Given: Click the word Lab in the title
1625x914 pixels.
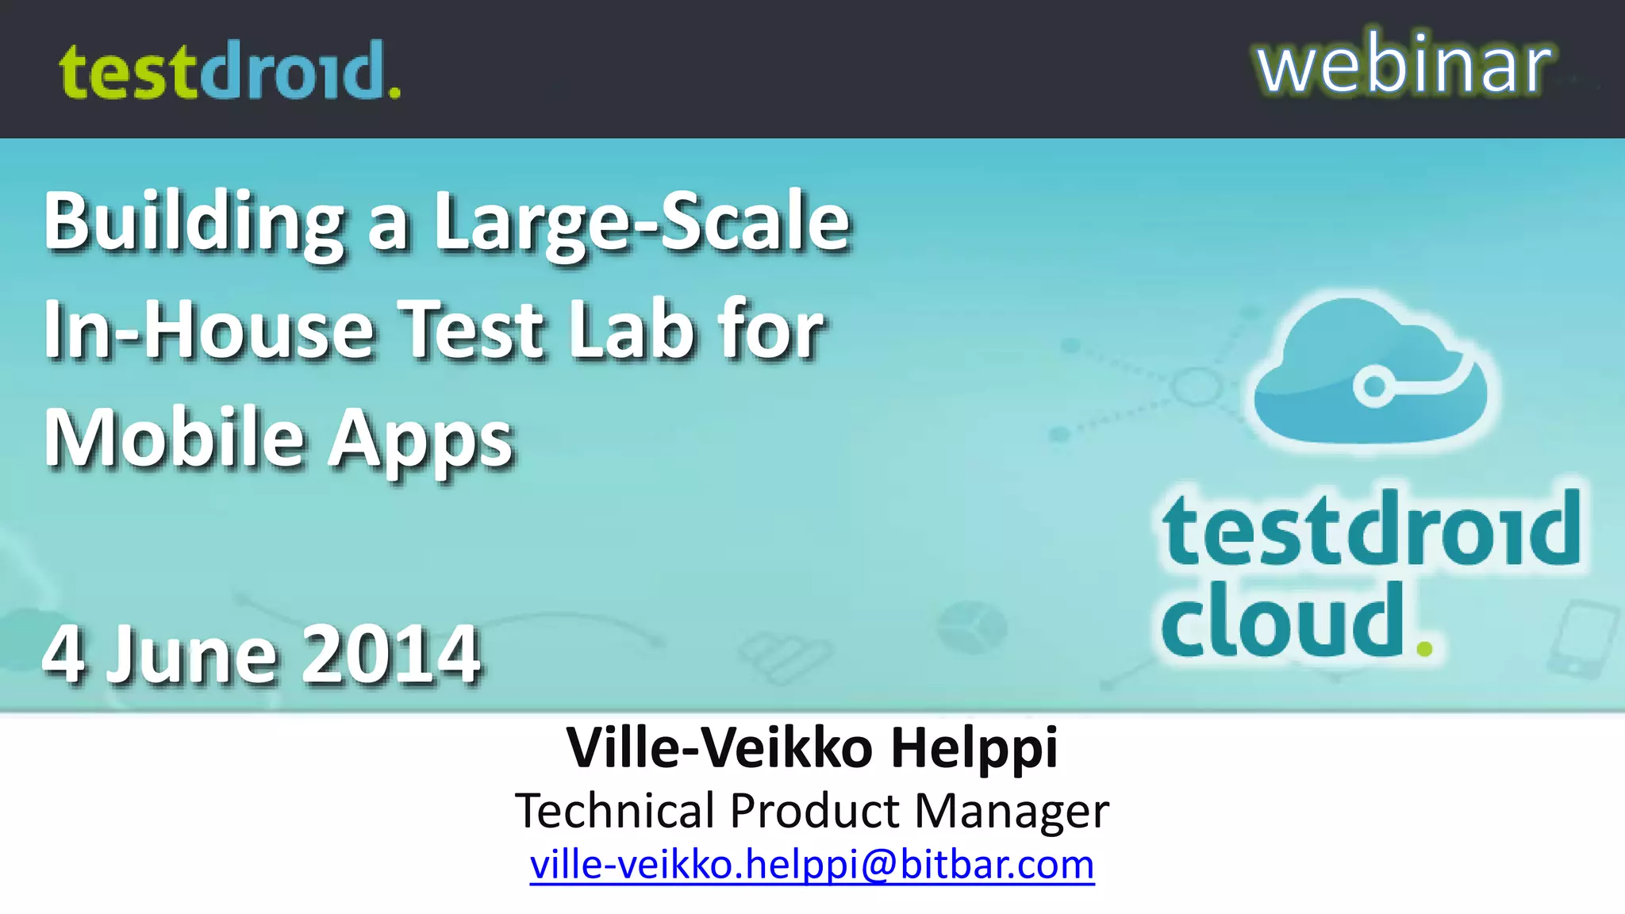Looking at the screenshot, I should point(632,331).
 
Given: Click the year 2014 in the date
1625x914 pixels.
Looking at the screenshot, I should point(391,655).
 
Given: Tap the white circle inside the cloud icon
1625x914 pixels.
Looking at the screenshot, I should point(1374,387).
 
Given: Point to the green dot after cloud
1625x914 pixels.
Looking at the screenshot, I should point(1424,649).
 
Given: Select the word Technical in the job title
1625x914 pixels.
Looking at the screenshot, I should point(615,811).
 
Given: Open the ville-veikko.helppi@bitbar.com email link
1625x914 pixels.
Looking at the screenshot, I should point(812,864).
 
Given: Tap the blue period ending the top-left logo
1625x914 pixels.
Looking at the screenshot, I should point(394,93).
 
